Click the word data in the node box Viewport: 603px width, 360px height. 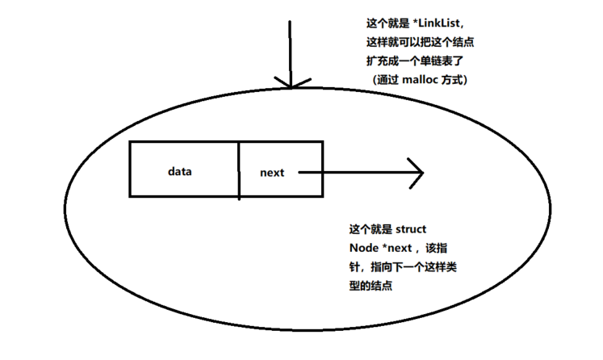click(179, 171)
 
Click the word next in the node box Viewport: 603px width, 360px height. click(272, 173)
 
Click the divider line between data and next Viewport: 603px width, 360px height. click(239, 171)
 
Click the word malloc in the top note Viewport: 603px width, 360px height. click(420, 80)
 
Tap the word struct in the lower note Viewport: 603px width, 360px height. click(411, 229)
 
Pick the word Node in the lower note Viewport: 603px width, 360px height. click(364, 248)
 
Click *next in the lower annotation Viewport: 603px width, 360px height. click(397, 248)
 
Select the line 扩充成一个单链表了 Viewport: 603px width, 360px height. click(415, 61)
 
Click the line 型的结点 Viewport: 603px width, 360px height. click(371, 286)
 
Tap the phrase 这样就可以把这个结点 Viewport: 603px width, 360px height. click(421, 42)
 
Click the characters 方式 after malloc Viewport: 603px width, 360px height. click(451, 80)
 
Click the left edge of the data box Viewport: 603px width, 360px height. click(130, 170)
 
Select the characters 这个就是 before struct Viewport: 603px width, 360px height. click(371, 229)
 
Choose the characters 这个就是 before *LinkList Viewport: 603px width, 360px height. click(388, 23)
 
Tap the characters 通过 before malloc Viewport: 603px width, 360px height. click(387, 80)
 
